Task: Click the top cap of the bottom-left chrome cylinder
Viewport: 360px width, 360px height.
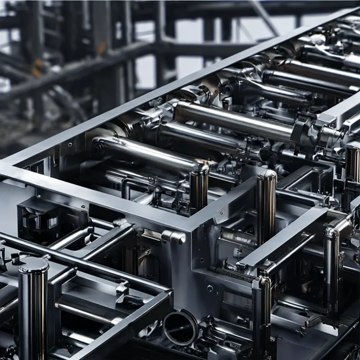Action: [33, 264]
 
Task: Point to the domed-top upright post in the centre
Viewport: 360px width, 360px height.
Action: [266, 206]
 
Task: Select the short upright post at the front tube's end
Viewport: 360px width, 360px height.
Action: [199, 187]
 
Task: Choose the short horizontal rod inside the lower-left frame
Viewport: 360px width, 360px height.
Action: [84, 312]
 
